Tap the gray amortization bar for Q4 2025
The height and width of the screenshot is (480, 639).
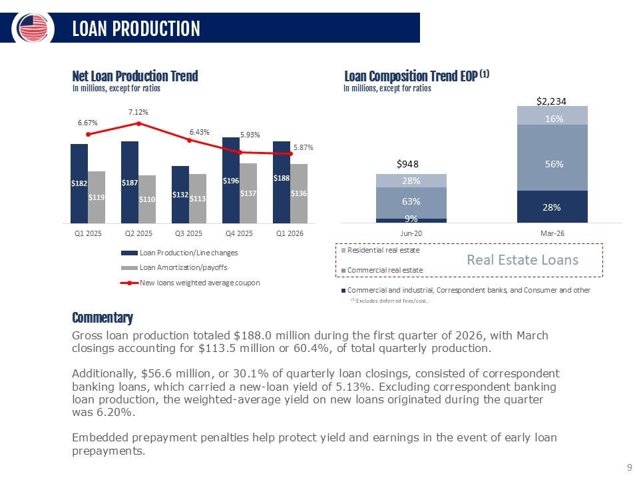click(x=248, y=193)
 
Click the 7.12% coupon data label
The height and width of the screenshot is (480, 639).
click(x=138, y=112)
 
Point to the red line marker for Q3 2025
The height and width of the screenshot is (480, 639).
click(x=189, y=141)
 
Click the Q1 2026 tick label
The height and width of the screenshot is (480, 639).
click(x=290, y=233)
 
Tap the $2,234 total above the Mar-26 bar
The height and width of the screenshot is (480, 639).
click(x=552, y=101)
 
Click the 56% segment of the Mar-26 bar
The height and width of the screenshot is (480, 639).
click(x=552, y=165)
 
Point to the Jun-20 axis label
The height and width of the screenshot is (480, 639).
click(x=411, y=233)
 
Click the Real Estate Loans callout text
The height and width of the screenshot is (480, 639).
click(x=523, y=259)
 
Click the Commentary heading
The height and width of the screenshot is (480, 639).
click(x=103, y=317)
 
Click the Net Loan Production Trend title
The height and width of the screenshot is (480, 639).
click(x=135, y=76)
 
